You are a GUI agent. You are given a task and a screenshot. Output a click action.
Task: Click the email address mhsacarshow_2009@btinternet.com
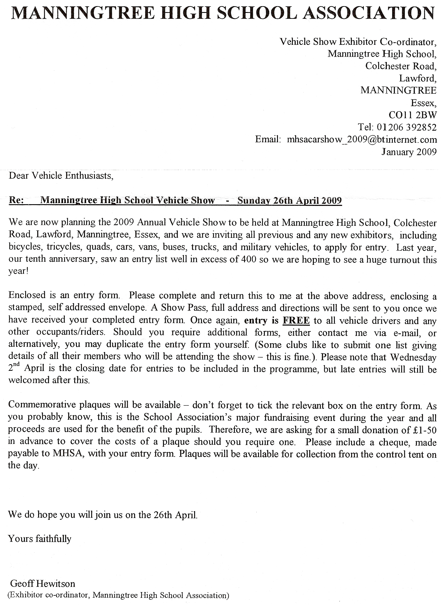click(x=361, y=140)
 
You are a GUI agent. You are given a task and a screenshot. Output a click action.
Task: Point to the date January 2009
click(x=409, y=152)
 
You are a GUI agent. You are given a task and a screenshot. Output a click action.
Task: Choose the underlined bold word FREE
click(x=296, y=320)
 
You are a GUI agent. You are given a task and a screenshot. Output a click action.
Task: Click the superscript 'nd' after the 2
click(x=17, y=365)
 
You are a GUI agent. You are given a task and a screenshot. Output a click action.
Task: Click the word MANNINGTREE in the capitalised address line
click(x=398, y=90)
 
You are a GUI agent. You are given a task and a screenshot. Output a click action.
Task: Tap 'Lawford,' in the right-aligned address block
click(x=418, y=78)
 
